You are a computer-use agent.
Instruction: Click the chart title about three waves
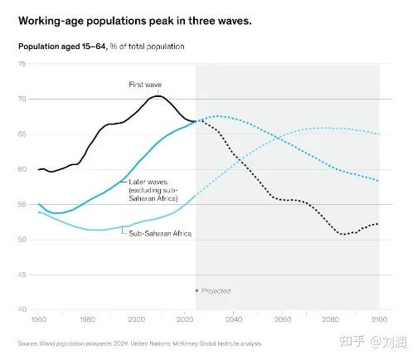[x=135, y=21]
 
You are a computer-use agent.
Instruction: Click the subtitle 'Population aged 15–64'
[x=63, y=46]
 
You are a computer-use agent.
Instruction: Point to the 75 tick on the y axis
[x=22, y=64]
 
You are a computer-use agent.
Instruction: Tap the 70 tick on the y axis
[x=22, y=99]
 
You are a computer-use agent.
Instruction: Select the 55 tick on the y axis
[x=22, y=204]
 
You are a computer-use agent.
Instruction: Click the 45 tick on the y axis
[x=22, y=275]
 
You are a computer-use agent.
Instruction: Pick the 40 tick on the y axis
[x=22, y=309]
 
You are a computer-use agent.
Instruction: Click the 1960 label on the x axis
[x=39, y=319]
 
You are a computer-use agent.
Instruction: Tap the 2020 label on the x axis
[x=185, y=319]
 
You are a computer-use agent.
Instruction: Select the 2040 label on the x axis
[x=234, y=319]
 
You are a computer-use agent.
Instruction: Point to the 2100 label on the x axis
[x=380, y=319]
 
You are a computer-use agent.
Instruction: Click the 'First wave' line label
[x=145, y=85]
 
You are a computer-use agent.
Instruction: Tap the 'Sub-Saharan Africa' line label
[x=160, y=234]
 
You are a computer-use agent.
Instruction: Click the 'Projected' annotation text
[x=216, y=291]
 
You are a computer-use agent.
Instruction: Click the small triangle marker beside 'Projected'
[x=197, y=290]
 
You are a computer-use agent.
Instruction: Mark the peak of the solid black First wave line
[x=158, y=96]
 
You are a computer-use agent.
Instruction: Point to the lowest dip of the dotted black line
[x=343, y=235]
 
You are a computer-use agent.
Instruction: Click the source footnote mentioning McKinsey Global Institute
[x=139, y=343]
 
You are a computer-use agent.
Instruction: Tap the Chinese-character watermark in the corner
[x=373, y=342]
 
